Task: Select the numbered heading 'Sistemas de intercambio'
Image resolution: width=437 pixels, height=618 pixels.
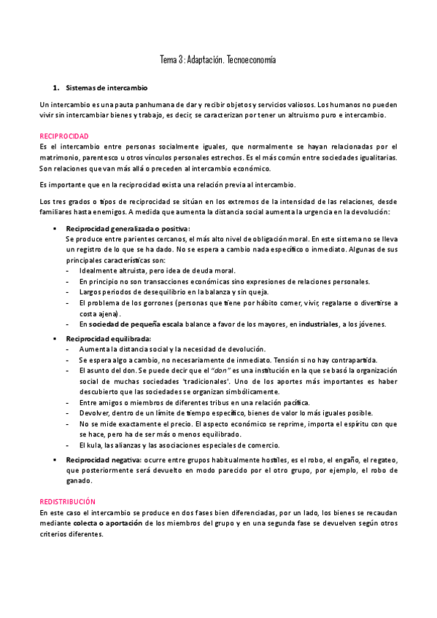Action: tap(106, 87)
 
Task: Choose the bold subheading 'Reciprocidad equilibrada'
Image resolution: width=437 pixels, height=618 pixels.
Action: tap(109, 339)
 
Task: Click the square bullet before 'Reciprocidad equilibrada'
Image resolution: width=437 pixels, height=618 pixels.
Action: tap(56, 339)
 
